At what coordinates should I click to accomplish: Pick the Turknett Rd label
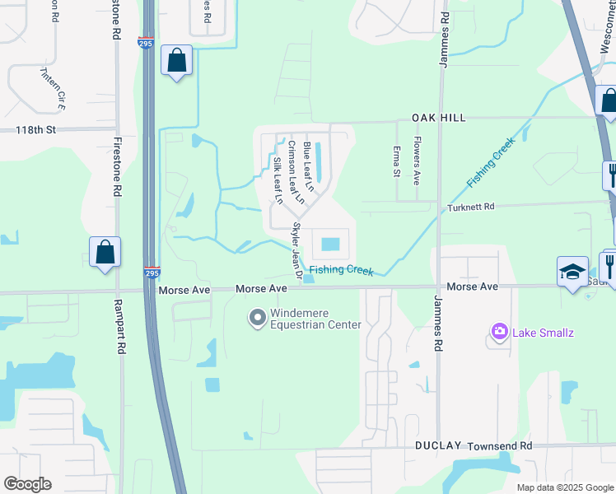click(470, 207)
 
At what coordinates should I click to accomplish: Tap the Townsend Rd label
click(500, 445)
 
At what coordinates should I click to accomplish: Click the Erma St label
click(396, 160)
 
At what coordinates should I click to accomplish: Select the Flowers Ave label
click(417, 160)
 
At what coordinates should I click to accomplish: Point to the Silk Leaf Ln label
click(278, 179)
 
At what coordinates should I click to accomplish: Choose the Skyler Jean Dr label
click(296, 245)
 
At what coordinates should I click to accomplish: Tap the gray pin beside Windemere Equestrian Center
click(258, 317)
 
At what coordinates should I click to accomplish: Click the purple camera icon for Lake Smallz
click(499, 332)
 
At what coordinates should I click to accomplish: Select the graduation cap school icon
click(572, 272)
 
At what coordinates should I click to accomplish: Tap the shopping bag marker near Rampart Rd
click(105, 252)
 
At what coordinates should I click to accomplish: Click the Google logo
click(27, 484)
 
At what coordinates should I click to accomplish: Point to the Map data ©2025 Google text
click(564, 487)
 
